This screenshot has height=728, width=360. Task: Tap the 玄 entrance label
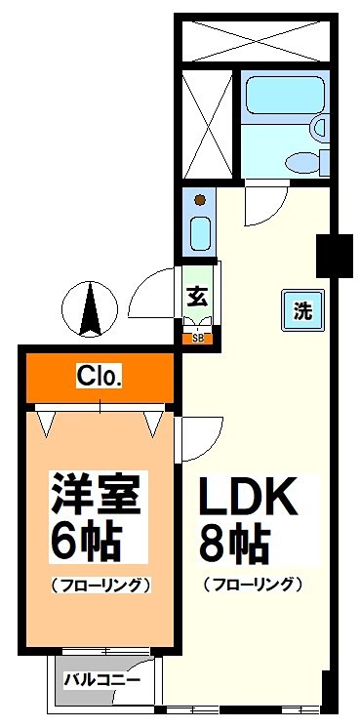coord(197,296)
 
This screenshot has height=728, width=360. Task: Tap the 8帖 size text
coord(234,543)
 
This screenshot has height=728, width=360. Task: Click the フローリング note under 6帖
coord(99,586)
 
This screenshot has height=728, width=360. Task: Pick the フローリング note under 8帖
coord(252,586)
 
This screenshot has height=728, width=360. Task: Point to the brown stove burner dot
coord(200,200)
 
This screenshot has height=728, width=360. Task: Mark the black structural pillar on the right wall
coord(333,256)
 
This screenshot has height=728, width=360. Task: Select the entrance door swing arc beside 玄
coord(153,293)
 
